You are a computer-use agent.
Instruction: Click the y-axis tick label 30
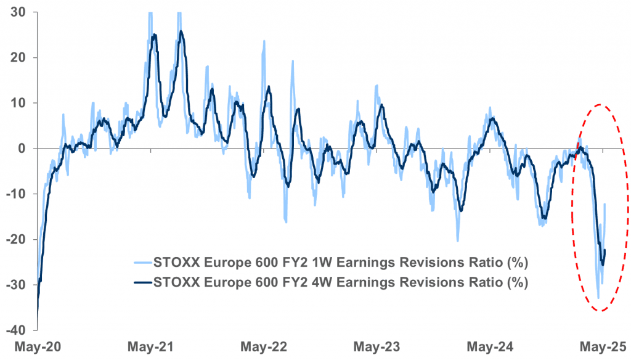click(17, 12)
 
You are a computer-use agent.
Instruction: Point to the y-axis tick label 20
click(17, 57)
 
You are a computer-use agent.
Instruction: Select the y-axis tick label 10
click(17, 103)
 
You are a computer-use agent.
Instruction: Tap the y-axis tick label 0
click(20, 149)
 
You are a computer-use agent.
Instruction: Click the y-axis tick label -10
click(15, 194)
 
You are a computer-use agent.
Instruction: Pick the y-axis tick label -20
click(15, 239)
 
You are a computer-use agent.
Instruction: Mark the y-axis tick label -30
click(15, 285)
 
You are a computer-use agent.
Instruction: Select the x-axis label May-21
click(149, 346)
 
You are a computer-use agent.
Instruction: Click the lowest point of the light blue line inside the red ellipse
click(598, 298)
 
